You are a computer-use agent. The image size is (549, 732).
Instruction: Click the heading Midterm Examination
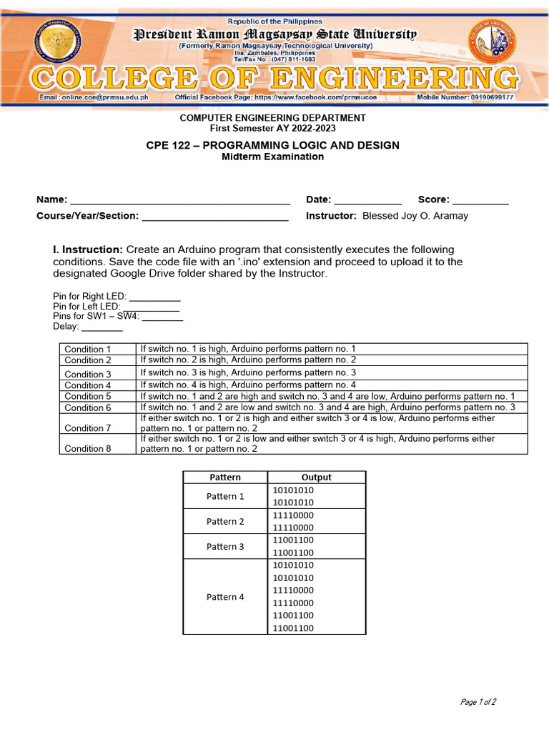[x=272, y=157]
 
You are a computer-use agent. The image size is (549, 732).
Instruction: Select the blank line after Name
[x=179, y=200]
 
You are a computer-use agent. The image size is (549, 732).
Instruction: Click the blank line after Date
[x=368, y=200]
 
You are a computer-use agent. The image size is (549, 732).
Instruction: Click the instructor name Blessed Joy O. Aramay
[x=415, y=216]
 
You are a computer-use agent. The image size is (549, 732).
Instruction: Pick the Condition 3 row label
[x=88, y=374]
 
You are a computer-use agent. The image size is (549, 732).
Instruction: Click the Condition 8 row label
[x=88, y=449]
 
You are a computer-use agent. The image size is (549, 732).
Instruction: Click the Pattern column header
[x=225, y=478]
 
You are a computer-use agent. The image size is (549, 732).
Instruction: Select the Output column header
[x=316, y=478]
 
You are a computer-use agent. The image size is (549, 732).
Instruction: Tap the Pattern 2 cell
[x=225, y=521]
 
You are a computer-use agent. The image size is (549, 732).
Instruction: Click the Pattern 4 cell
[x=225, y=597]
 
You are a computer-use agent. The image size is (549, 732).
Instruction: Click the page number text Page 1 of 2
[x=478, y=702]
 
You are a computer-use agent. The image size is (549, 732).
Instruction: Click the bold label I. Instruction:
[x=88, y=249]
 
